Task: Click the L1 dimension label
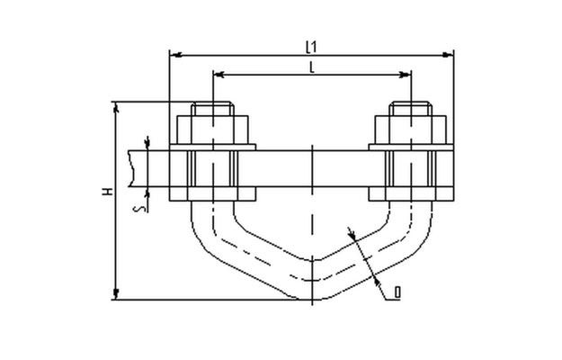pyautogui.click(x=311, y=47)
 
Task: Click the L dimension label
pyautogui.click(x=312, y=67)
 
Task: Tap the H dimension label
pyautogui.click(x=108, y=192)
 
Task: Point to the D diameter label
pyautogui.click(x=397, y=292)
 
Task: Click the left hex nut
pyautogui.click(x=212, y=130)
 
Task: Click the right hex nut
pyautogui.click(x=411, y=130)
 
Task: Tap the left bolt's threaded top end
pyautogui.click(x=212, y=109)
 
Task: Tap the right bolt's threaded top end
pyautogui.click(x=411, y=109)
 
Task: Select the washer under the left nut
pyautogui.click(x=212, y=148)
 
